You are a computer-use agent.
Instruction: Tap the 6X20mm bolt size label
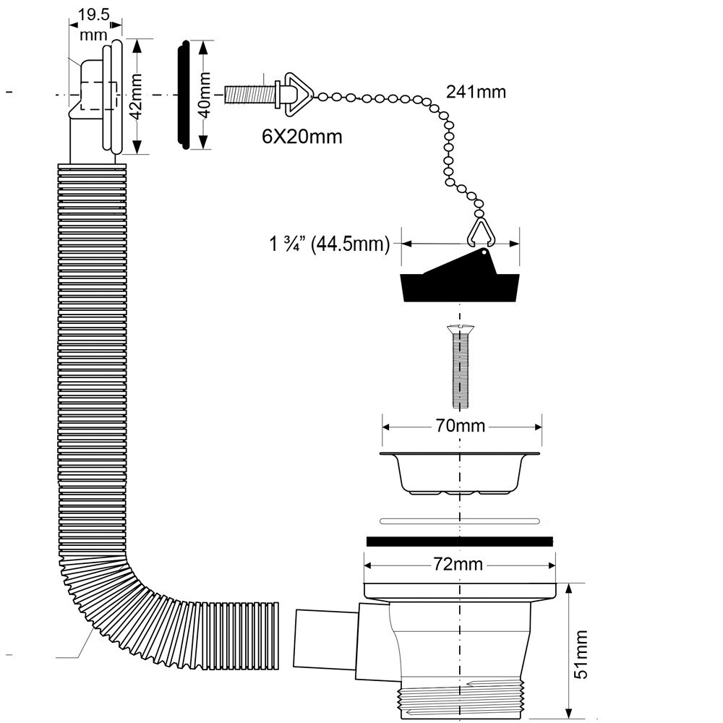(x=301, y=136)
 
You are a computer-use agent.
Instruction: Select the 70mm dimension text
(x=461, y=425)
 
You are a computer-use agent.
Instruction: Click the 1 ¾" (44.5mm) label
(x=330, y=244)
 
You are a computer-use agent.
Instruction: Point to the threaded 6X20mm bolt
(x=249, y=95)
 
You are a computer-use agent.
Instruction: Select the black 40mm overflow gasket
(x=184, y=95)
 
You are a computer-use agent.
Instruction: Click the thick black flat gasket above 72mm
(x=460, y=541)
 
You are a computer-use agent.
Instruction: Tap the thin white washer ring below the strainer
(x=460, y=520)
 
